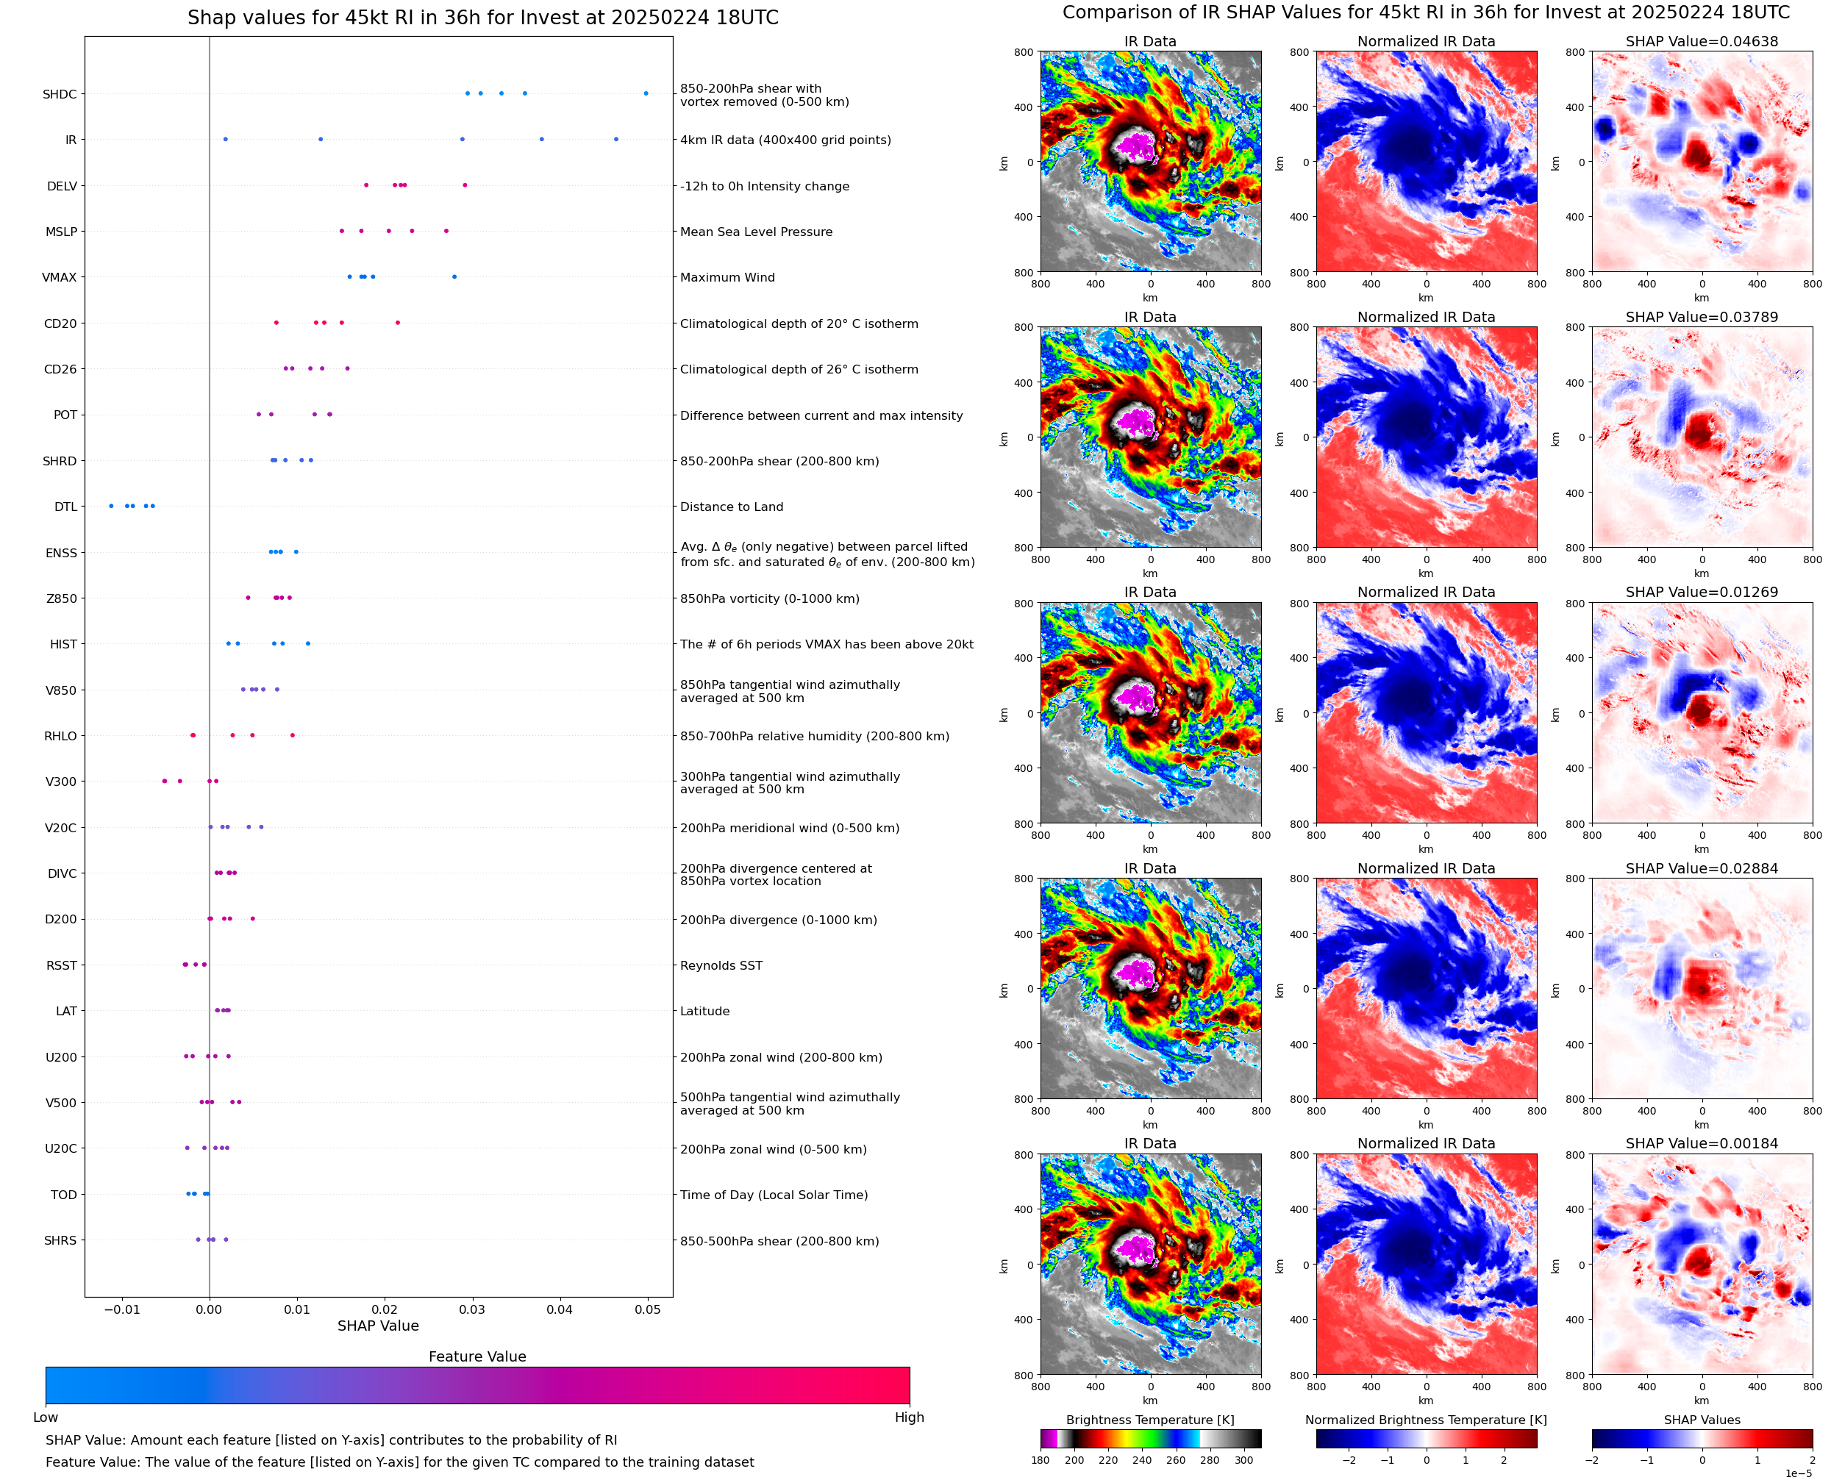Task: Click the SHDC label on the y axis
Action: point(60,94)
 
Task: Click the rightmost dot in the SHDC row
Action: point(646,93)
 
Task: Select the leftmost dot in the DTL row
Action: point(112,507)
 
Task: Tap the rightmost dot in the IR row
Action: point(616,140)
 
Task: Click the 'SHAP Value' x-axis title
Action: point(378,1326)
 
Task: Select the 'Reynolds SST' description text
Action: point(721,965)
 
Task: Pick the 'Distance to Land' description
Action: point(731,507)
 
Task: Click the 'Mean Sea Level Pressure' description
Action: point(755,232)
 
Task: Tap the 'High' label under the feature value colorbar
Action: point(909,1417)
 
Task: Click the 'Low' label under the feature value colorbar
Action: point(46,1417)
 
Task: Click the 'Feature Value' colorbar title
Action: point(477,1356)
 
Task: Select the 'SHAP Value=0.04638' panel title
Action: point(1702,42)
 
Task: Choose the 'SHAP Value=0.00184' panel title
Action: point(1702,1143)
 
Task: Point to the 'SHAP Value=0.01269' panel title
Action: point(1702,592)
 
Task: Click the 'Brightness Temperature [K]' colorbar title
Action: point(1149,1420)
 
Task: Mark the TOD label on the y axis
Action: point(64,1195)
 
